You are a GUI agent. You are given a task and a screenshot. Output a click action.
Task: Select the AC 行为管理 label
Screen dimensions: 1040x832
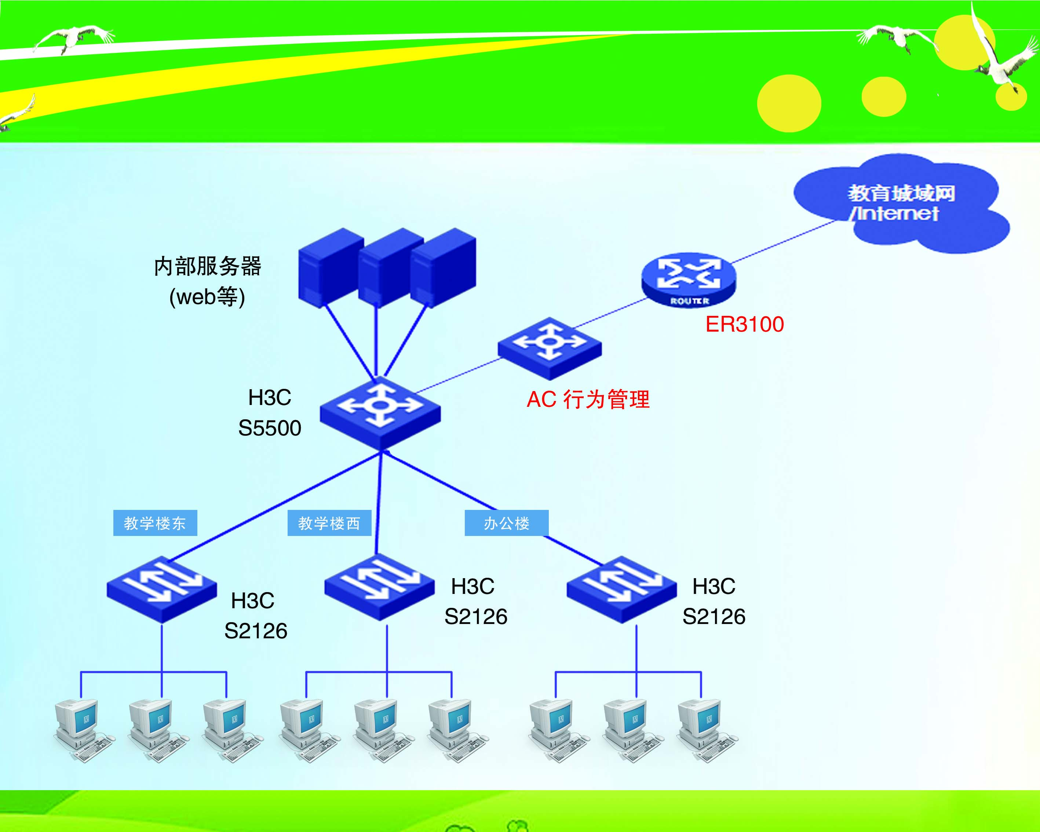[588, 399]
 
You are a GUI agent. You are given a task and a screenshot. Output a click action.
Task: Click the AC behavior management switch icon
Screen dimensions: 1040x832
[550, 348]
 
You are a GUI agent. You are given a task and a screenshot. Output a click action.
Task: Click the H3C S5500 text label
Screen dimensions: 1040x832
[270, 413]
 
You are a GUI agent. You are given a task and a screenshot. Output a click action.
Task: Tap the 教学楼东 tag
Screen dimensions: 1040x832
[155, 523]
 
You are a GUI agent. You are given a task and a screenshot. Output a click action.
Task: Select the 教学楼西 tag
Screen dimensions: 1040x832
[329, 523]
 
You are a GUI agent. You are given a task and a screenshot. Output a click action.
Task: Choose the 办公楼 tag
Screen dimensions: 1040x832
[507, 523]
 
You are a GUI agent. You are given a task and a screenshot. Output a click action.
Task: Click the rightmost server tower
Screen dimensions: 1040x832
[443, 268]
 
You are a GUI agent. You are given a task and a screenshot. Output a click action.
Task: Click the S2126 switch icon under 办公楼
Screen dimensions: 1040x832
[621, 590]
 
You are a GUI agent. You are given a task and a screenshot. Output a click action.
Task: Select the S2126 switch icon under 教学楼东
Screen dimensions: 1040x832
[162, 590]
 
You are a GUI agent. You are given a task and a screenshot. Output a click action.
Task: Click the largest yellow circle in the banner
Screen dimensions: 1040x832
[789, 103]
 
